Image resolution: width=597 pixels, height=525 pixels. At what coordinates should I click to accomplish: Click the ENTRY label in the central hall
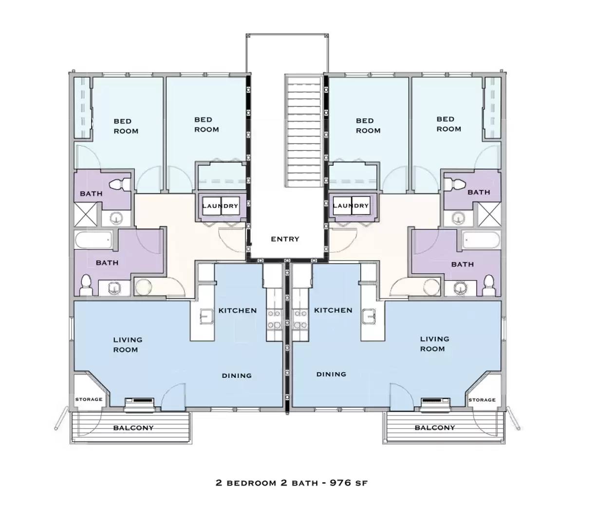coord(285,239)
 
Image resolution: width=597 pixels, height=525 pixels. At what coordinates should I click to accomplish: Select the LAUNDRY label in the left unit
coord(220,206)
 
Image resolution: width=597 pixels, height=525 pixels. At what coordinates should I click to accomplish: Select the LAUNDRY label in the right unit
coord(351,206)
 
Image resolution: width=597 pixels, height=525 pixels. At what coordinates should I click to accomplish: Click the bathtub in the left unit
coord(94,240)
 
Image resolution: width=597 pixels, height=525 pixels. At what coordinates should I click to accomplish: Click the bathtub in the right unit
coord(481,240)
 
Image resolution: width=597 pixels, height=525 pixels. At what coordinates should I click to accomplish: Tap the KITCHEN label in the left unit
coord(237,311)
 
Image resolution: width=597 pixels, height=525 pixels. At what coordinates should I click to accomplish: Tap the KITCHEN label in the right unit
coord(333,310)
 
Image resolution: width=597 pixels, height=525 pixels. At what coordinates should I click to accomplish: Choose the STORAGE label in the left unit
coord(89,400)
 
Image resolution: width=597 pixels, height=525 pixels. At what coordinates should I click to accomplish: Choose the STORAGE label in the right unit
coord(482,400)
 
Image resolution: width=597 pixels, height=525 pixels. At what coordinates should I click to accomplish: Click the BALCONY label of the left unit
coord(133,428)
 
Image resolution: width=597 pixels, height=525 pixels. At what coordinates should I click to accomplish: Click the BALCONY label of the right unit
coord(434,428)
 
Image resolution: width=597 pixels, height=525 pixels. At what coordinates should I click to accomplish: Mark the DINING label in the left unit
coord(237,376)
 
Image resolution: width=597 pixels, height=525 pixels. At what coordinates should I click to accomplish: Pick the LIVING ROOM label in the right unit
coord(434,344)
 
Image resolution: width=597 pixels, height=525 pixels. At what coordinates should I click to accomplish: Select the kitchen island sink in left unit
coord(205,317)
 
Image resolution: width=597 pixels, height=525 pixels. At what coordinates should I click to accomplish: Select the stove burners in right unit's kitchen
coord(300,320)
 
